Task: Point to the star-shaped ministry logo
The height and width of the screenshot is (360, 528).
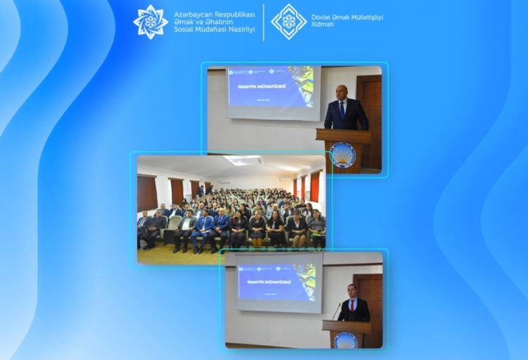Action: click(x=151, y=22)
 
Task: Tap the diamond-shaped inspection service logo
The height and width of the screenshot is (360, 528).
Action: click(x=289, y=22)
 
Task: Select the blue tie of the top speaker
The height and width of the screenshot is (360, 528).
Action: click(x=343, y=110)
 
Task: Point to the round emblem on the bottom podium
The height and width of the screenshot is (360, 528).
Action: click(x=346, y=340)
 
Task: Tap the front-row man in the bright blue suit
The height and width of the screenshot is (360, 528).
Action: click(x=203, y=229)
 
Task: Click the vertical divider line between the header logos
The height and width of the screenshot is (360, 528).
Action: click(x=263, y=22)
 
